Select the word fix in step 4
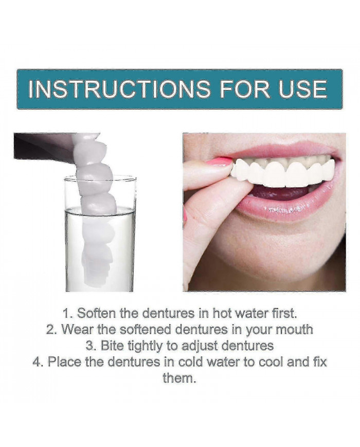(x=319, y=362)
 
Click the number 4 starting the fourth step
(x=37, y=362)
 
